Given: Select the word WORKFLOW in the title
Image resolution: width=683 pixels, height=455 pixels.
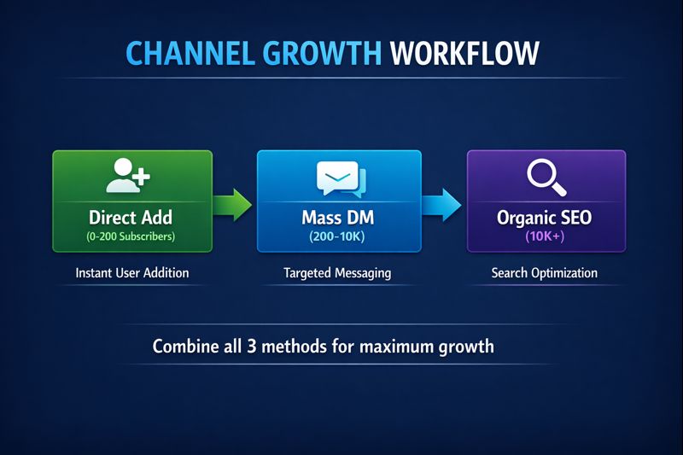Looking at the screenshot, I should point(465,53).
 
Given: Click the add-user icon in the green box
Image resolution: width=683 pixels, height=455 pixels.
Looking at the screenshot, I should point(129,175).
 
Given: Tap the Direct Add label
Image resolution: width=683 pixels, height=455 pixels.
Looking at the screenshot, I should point(131,217).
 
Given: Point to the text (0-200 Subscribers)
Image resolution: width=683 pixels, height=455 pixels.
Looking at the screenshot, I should point(131,236).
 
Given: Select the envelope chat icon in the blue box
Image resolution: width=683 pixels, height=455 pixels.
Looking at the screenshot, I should point(340,177).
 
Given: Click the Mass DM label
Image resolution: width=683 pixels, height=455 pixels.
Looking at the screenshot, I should point(339,217).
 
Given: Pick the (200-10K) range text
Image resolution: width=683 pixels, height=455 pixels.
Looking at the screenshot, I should point(339,236).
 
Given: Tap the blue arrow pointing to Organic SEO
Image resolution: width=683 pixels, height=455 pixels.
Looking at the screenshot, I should point(443,204).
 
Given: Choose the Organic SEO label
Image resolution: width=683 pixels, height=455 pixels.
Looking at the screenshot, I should point(545,217).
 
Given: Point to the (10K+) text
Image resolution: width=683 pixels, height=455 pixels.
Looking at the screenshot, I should point(545,236).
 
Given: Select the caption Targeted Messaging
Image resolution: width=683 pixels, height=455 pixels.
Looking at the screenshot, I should point(339,273).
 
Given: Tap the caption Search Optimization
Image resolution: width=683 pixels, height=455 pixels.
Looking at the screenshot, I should point(545,273).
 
